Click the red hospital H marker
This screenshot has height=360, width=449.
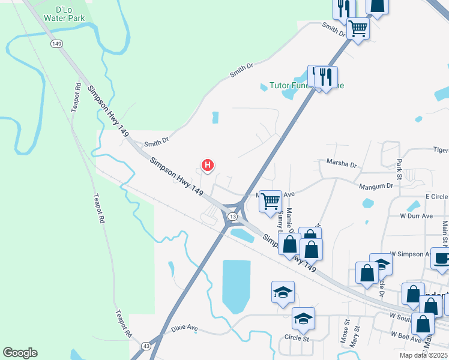[207, 164]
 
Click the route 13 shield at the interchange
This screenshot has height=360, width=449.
[232, 216]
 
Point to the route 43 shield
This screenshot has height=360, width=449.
[146, 346]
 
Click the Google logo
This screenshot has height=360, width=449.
[20, 353]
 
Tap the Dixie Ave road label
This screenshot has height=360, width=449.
[184, 329]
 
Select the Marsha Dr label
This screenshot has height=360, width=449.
[342, 163]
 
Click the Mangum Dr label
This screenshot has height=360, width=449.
[376, 187]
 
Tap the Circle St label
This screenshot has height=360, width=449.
[297, 338]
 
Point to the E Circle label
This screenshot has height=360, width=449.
[436, 196]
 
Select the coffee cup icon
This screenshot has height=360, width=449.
[442, 258]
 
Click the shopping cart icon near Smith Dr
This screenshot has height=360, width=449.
[358, 28]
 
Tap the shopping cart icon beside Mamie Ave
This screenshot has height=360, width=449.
[271, 200]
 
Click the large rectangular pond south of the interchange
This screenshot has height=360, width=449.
[236, 286]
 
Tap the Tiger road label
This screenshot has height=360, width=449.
[440, 151]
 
